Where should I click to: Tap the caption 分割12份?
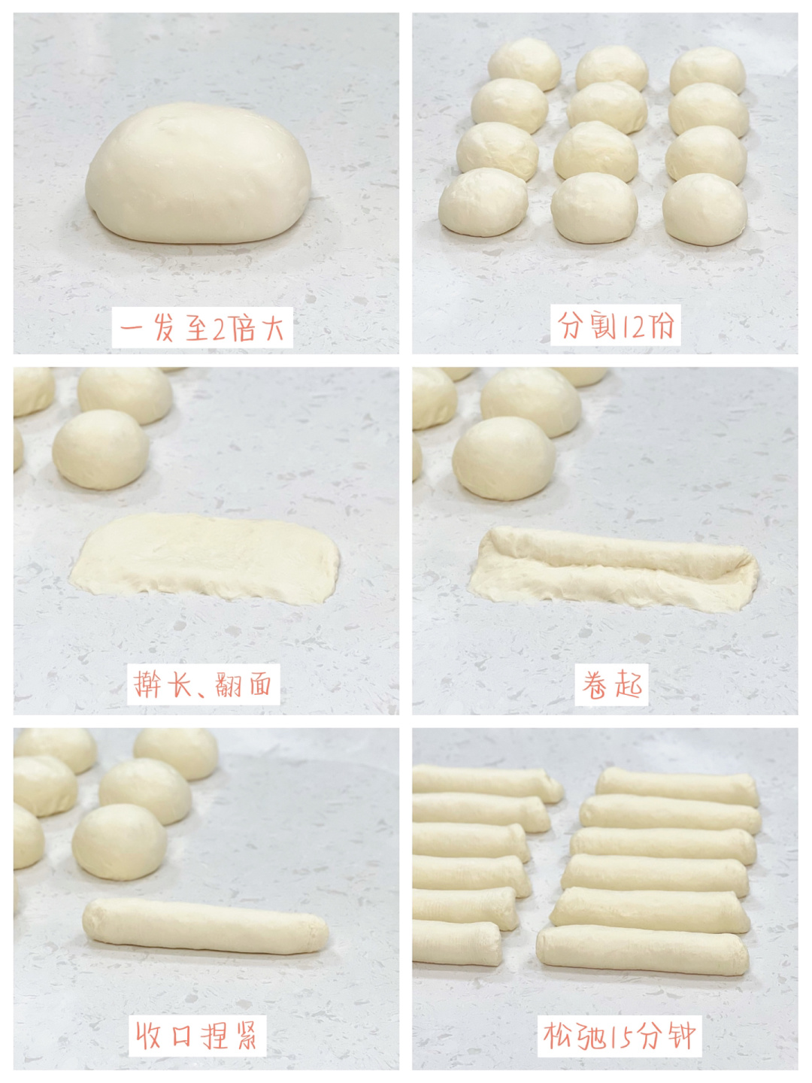pos(615,326)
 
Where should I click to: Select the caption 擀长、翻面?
pos(203,684)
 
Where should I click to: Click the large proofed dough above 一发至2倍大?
pos(198,173)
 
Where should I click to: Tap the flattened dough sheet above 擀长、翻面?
pos(205,557)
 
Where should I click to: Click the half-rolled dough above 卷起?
pos(614,569)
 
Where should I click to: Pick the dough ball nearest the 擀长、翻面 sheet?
pos(101,449)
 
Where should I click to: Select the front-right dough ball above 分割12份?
pos(705,209)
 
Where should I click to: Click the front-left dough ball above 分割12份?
pos(483,202)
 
